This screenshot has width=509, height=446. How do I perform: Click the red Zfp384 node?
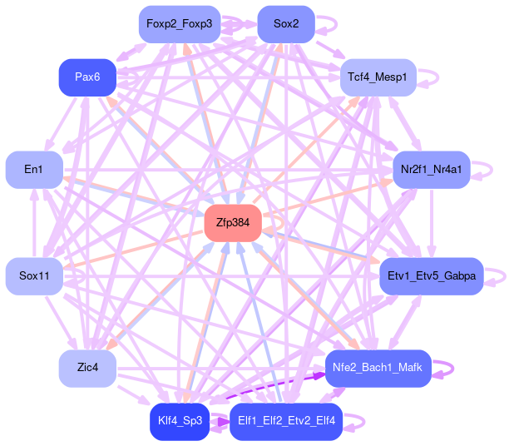click(x=233, y=223)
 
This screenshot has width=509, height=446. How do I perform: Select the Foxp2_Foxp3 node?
click(x=179, y=23)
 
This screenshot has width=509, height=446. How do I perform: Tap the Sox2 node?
click(x=285, y=23)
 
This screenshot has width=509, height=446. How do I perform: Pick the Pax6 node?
click(x=87, y=77)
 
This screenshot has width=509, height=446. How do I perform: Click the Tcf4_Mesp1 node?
click(x=378, y=77)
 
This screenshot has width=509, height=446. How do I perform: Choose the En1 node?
click(x=33, y=170)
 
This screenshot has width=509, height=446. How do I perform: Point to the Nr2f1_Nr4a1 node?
click(x=431, y=170)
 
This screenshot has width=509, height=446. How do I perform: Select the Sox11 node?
click(x=34, y=275)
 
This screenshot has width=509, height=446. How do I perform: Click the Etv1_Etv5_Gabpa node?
click(x=431, y=275)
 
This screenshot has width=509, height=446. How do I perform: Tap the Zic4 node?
click(x=87, y=368)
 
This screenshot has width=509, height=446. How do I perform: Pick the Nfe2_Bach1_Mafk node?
click(x=378, y=368)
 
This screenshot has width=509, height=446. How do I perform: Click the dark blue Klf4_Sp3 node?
click(x=178, y=421)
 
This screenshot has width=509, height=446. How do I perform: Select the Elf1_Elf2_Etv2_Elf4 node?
click(x=285, y=421)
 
